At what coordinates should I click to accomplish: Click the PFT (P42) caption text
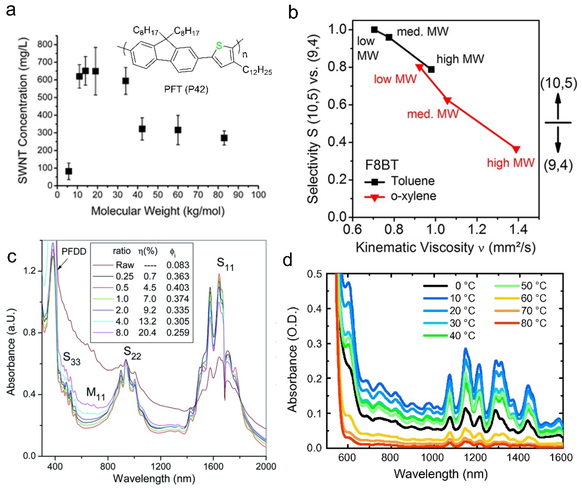(186, 90)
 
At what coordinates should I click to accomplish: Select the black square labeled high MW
(431, 70)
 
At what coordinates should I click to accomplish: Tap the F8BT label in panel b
(382, 165)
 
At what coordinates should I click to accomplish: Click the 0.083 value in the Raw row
(178, 265)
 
